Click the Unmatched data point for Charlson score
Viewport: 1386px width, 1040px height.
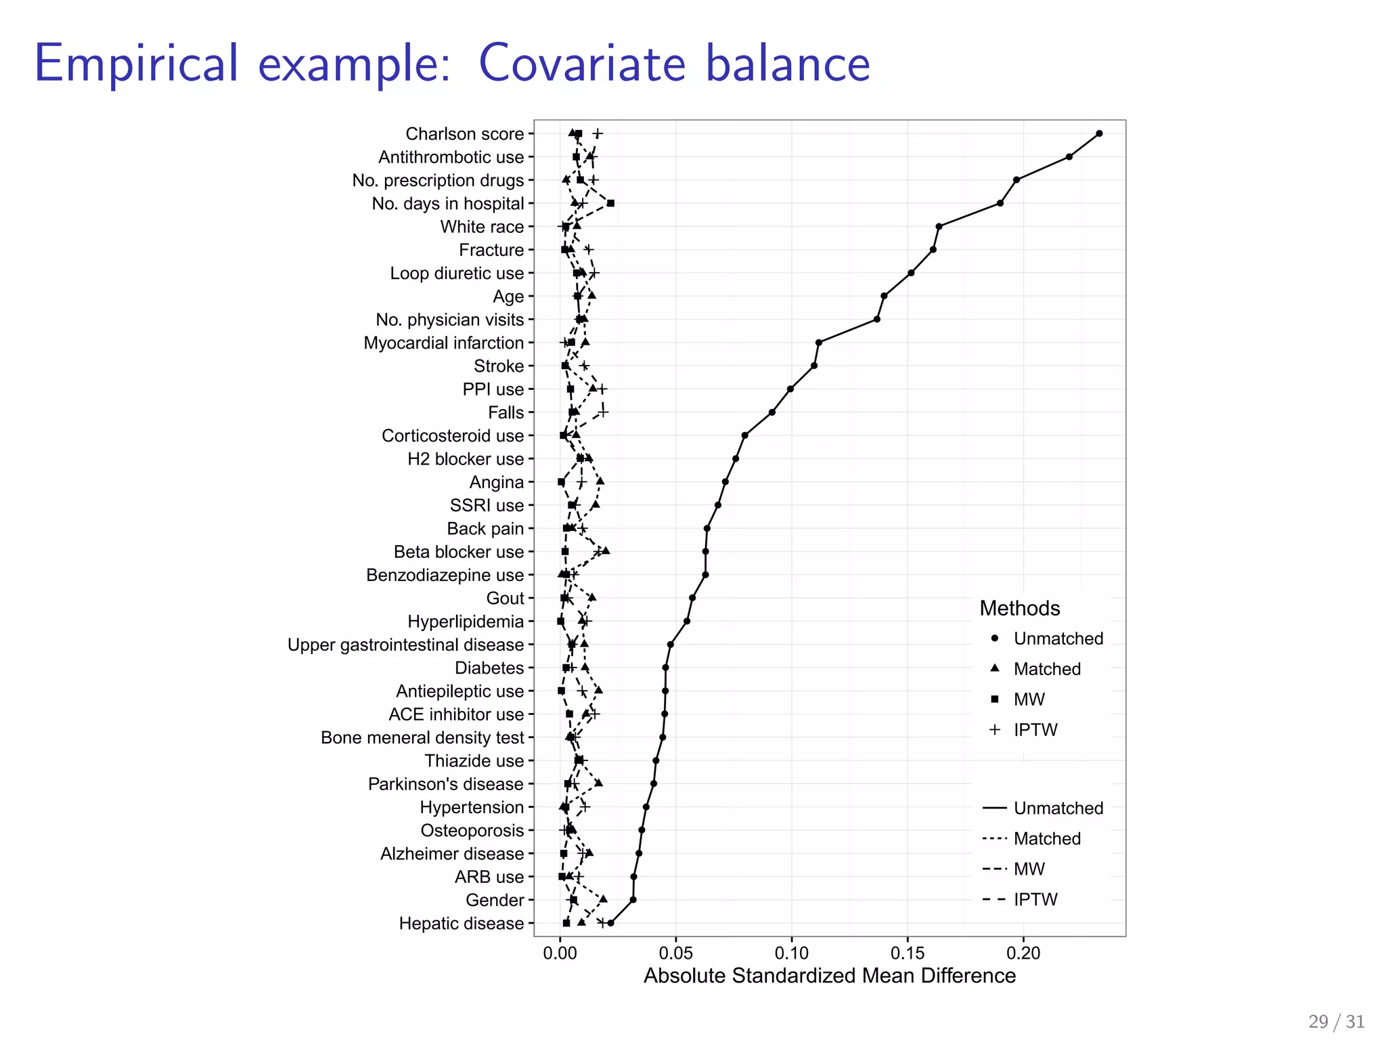click(1098, 133)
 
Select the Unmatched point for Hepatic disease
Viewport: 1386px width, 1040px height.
click(610, 923)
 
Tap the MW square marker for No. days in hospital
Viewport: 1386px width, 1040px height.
click(610, 203)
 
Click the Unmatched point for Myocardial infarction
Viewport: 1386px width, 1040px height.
click(819, 343)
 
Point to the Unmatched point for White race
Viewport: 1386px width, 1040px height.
click(939, 226)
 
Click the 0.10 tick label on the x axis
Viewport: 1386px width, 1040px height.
click(791, 953)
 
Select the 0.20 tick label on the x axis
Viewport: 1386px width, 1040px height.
click(1023, 953)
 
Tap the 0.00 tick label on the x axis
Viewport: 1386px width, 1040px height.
click(560, 953)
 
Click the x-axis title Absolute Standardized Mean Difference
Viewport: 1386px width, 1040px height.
click(829, 976)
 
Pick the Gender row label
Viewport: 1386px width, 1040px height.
click(495, 900)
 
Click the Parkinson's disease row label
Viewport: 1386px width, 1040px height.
click(446, 784)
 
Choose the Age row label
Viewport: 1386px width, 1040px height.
click(508, 297)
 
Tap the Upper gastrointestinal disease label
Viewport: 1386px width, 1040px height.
click(406, 645)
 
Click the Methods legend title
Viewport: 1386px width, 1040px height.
click(1019, 608)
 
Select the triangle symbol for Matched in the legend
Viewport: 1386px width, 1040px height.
click(994, 668)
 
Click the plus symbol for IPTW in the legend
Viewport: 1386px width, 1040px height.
click(994, 729)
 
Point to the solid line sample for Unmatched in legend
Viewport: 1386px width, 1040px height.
click(994, 808)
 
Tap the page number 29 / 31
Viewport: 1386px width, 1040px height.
click(1336, 1022)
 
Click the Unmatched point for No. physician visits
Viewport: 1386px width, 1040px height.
click(877, 319)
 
